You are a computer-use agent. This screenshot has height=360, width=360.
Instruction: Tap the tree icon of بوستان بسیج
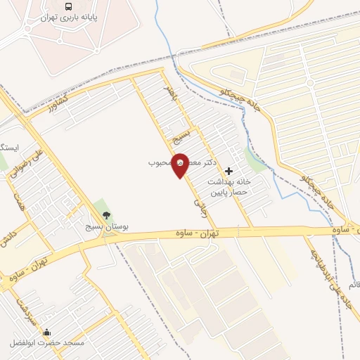[106, 216]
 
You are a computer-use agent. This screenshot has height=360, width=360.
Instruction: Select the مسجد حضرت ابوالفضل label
[46, 343]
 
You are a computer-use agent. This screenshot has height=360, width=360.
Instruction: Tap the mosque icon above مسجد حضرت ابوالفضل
[47, 333]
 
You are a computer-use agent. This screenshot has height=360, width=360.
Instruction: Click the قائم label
[352, 285]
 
